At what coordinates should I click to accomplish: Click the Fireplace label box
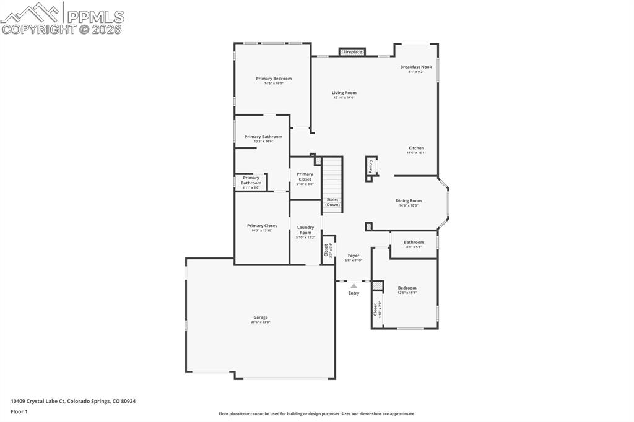pyautogui.click(x=352, y=52)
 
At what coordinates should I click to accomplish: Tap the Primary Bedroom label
pyautogui.click(x=274, y=79)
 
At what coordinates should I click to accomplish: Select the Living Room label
pyautogui.click(x=344, y=93)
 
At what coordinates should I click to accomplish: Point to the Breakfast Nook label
pyautogui.click(x=415, y=67)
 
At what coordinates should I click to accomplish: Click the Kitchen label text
pyautogui.click(x=416, y=148)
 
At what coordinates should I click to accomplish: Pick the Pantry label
pyautogui.click(x=371, y=166)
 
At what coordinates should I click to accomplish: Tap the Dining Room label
pyautogui.click(x=409, y=200)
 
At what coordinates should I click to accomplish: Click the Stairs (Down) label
pyautogui.click(x=332, y=202)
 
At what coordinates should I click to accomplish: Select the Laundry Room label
pyautogui.click(x=305, y=230)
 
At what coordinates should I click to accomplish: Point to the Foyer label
pyautogui.click(x=353, y=256)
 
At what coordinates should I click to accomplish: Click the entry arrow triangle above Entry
pyautogui.click(x=354, y=286)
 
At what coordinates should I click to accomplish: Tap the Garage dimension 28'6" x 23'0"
pyautogui.click(x=260, y=322)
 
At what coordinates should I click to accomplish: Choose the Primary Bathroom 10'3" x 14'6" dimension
pyautogui.click(x=263, y=142)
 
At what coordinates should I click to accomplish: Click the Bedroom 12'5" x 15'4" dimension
pyautogui.click(x=407, y=293)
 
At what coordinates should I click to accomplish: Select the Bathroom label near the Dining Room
pyautogui.click(x=414, y=242)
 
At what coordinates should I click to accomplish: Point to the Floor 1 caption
pyautogui.click(x=19, y=411)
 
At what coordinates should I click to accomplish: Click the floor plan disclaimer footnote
pyautogui.click(x=316, y=414)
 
